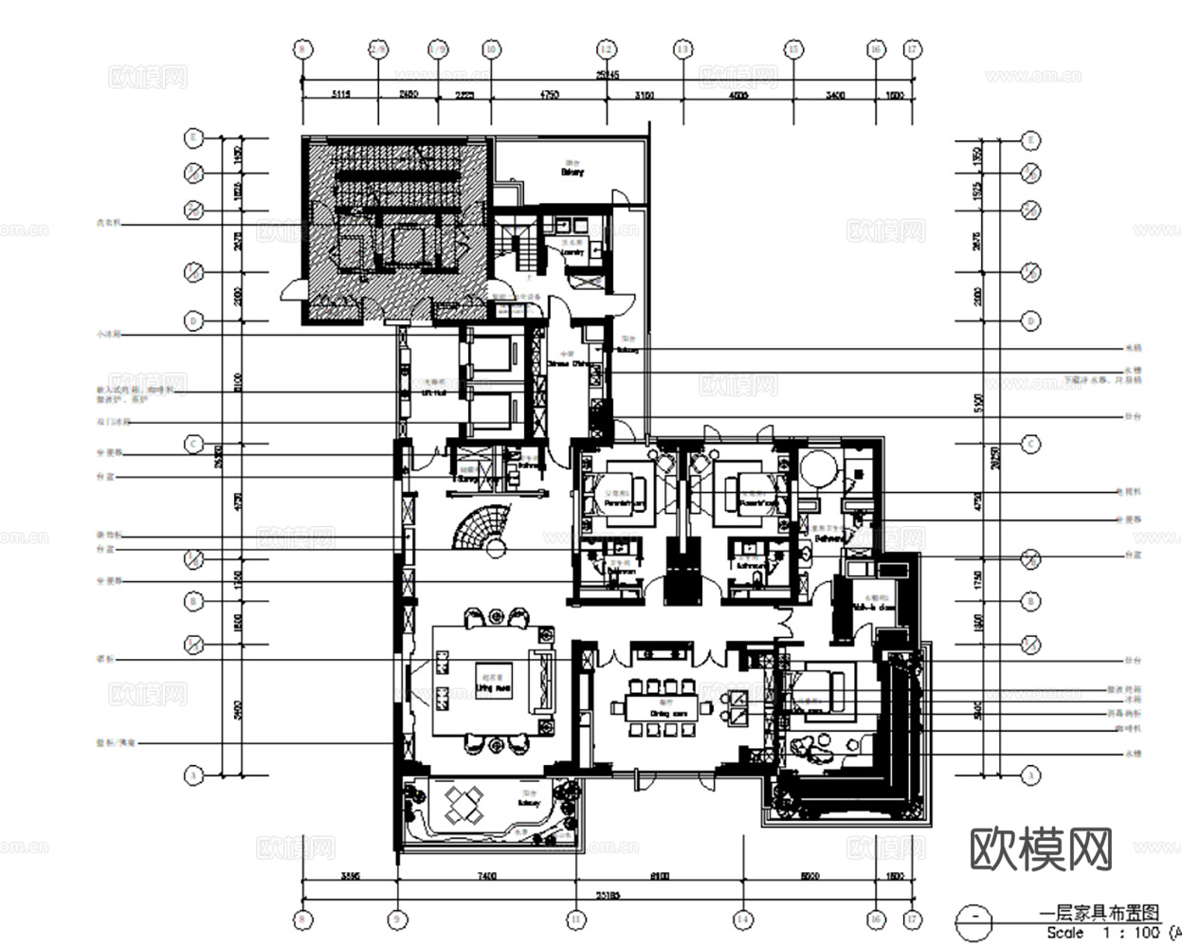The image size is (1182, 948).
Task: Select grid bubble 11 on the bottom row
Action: (576, 919)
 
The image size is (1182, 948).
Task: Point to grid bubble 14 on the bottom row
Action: (742, 919)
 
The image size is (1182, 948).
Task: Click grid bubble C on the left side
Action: (193, 444)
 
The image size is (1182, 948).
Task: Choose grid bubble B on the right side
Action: (1031, 601)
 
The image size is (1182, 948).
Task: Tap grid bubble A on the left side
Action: (193, 775)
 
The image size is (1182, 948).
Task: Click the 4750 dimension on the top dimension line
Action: (549, 95)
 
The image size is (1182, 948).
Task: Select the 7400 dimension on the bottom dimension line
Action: (486, 876)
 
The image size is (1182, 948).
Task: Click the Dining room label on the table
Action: (662, 711)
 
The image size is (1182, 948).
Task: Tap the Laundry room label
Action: (572, 253)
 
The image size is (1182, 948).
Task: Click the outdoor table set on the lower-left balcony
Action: (464, 805)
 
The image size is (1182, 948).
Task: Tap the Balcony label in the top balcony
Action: (572, 173)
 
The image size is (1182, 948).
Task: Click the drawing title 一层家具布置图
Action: (1100, 914)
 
